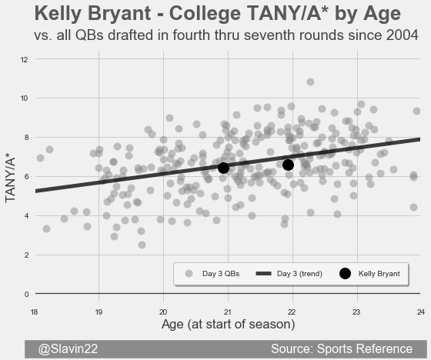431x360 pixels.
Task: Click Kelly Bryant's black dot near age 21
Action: (x=223, y=168)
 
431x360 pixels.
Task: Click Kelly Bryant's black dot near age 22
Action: (x=288, y=165)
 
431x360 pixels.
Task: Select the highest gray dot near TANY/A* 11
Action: (x=310, y=82)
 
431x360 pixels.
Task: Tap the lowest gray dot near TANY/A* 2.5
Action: (x=142, y=245)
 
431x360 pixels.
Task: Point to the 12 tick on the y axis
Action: (x=24, y=60)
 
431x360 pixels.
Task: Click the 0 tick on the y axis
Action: (x=26, y=295)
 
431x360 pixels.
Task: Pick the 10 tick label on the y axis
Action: (x=24, y=98)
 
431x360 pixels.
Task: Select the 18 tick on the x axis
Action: (x=34, y=312)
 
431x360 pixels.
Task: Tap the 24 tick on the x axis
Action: (x=421, y=312)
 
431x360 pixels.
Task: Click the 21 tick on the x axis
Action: (x=227, y=312)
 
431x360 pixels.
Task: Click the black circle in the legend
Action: (x=345, y=273)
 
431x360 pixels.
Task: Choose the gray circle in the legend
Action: (x=189, y=273)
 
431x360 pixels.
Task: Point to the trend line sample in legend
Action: (x=263, y=273)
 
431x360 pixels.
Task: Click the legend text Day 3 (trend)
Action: (x=299, y=274)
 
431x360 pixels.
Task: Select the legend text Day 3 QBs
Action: (x=221, y=274)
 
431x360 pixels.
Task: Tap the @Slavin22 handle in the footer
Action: (x=68, y=349)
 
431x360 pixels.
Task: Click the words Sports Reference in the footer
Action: (x=365, y=348)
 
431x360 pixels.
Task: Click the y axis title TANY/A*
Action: (x=10, y=180)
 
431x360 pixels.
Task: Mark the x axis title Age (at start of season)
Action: (x=228, y=325)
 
